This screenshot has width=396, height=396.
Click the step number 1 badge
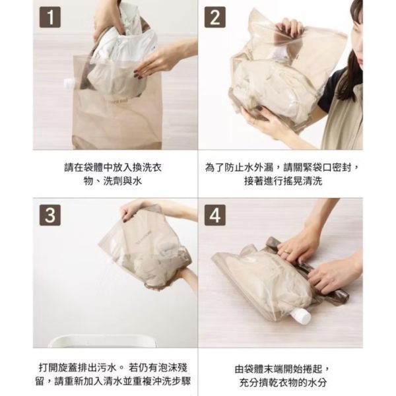(50, 17)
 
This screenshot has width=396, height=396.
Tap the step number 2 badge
(215, 17)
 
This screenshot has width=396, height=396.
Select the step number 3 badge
(50, 215)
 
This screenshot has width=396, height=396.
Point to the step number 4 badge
(215, 215)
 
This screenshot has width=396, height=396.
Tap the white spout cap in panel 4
(300, 315)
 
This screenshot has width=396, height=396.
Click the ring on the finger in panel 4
(286, 252)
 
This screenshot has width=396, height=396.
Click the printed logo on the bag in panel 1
(117, 101)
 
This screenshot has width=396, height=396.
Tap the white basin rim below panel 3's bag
(102, 341)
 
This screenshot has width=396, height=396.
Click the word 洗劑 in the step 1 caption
(113, 181)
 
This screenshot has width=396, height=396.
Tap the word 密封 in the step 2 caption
(342, 168)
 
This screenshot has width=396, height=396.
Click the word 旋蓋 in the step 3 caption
(68, 368)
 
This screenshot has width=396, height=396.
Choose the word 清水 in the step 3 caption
(123, 381)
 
